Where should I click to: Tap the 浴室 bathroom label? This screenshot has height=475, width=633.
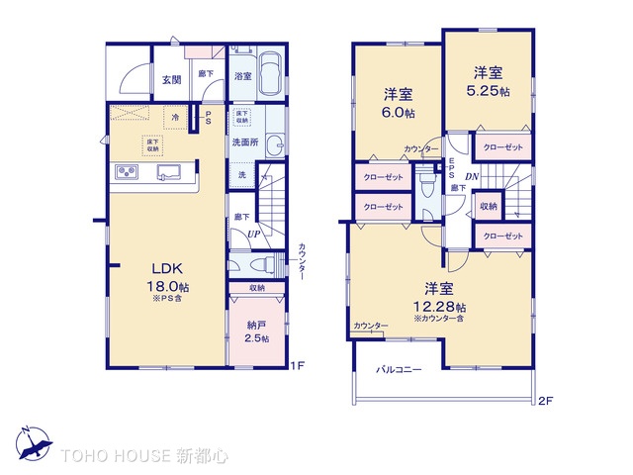pos(243,75)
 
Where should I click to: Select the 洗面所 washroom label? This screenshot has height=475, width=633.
pos(245,142)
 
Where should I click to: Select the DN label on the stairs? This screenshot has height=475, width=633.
pos(472,176)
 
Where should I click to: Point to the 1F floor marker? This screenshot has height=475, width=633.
pos(297,366)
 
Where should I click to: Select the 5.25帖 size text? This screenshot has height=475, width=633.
pos(488,91)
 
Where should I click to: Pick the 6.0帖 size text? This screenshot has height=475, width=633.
pos(399,113)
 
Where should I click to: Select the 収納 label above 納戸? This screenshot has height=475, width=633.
pos(256,289)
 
